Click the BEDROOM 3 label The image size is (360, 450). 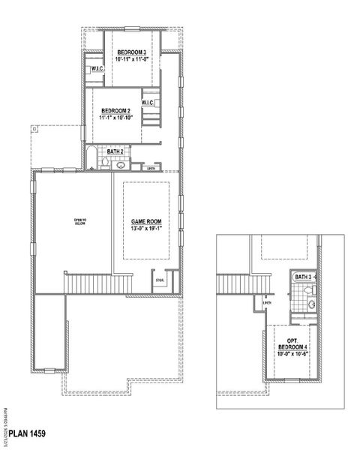coord(131,52)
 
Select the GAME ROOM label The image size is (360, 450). coord(147,221)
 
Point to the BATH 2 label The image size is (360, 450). coord(115,151)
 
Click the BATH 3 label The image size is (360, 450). coord(302,277)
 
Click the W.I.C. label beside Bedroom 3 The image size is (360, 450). coord(97,69)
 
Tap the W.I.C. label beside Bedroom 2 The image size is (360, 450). coord(147,103)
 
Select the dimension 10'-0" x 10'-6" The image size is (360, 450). coord(292,354)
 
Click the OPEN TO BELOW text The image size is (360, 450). coord(80,221)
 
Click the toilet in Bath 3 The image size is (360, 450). coord(314,289)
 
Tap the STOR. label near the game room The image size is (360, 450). coord(160,280)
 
